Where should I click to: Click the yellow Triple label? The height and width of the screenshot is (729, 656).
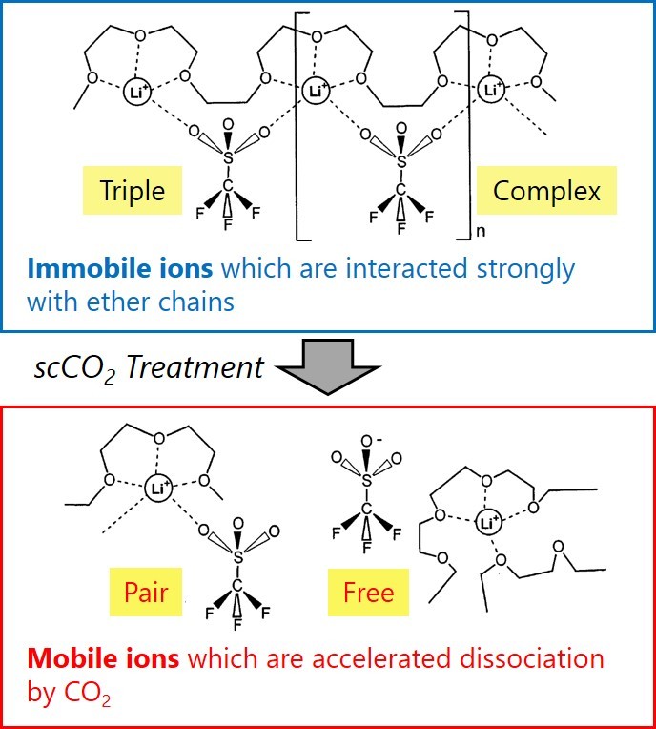pos(133,190)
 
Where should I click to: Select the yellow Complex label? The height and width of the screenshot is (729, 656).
pos(546,190)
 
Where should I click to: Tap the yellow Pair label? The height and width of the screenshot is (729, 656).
pos(146,592)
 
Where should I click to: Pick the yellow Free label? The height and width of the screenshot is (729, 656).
pos(368,592)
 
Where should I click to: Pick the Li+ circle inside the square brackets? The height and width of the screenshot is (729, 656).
pos(318,92)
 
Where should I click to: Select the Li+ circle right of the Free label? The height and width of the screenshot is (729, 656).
pos(489,522)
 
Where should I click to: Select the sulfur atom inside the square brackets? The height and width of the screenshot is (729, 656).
pos(401,161)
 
